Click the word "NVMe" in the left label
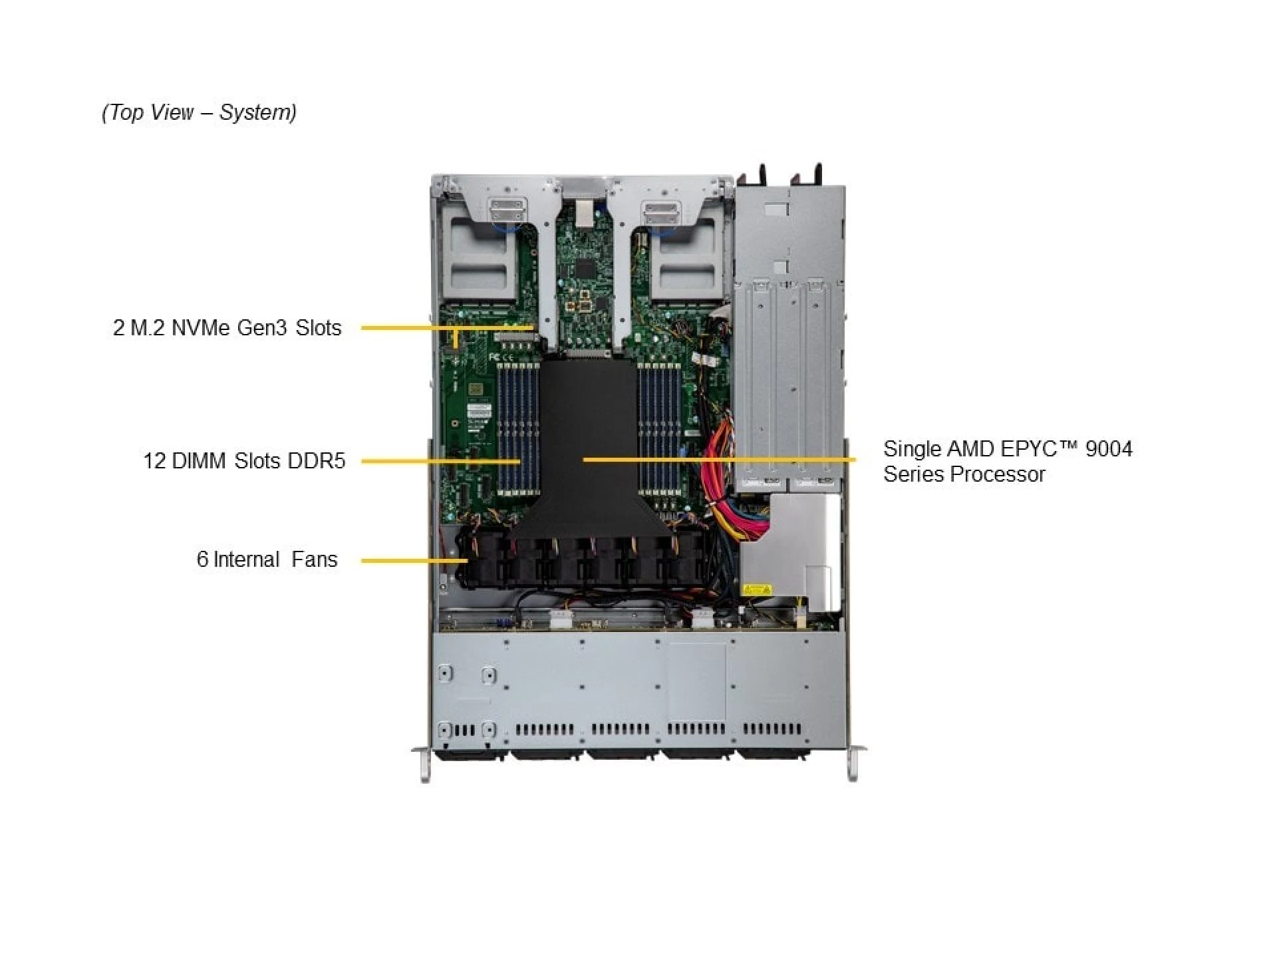click(200, 328)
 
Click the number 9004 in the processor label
click(1108, 449)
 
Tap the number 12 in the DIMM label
click(154, 461)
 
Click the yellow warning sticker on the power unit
click(756, 589)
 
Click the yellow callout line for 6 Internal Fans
click(412, 560)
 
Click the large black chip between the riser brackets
click(585, 269)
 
